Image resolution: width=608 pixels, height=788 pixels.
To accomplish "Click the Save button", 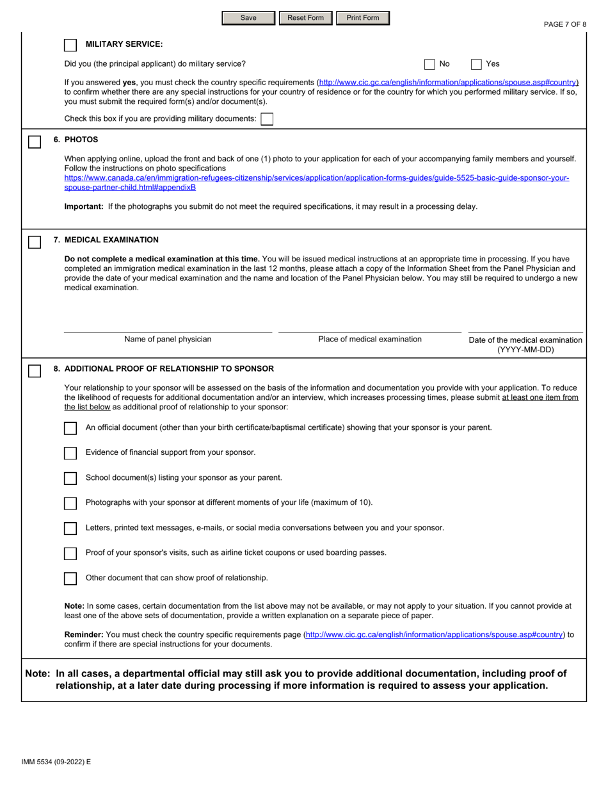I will coord(248,18).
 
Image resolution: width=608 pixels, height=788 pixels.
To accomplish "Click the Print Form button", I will coord(362,18).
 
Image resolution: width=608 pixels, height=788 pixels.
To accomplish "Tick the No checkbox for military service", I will coord(431,64).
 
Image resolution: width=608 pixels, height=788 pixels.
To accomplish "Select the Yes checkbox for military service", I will coord(477,64).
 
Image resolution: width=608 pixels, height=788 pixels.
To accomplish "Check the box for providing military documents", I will coord(267,119).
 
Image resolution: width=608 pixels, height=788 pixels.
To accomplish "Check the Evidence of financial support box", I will coord(70,454).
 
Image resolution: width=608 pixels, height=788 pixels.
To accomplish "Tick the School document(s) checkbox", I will coord(70,479).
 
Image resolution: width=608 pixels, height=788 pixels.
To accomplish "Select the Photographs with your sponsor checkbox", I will coord(70,504).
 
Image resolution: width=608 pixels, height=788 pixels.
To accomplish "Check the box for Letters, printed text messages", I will coord(70,529).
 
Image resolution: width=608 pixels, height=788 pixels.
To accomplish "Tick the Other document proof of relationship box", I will coord(70,579).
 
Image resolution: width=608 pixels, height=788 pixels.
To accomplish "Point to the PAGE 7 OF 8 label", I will coord(564,24).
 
